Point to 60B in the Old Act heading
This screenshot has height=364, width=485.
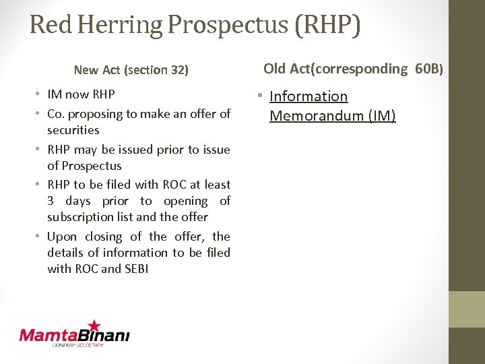(x=427, y=68)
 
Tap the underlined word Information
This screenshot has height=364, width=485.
(x=309, y=97)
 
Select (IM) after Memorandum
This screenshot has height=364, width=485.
(x=382, y=116)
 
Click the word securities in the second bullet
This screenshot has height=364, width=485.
(x=73, y=130)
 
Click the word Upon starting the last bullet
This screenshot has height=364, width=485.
(x=62, y=237)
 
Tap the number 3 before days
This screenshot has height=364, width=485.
(x=51, y=201)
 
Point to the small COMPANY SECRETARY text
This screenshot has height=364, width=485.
(x=78, y=345)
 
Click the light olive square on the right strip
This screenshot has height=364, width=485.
(x=467, y=309)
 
